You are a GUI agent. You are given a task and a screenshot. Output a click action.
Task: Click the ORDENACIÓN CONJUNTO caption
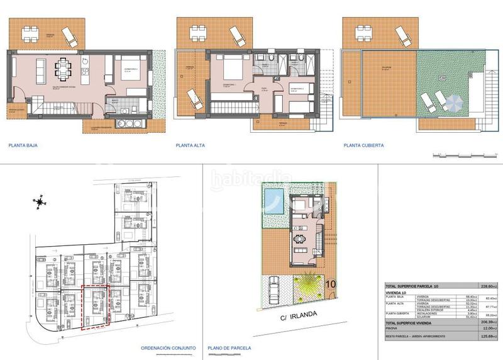(169, 347)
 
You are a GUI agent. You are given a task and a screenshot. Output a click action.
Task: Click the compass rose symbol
(40, 202)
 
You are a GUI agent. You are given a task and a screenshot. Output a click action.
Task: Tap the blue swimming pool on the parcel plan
(274, 203)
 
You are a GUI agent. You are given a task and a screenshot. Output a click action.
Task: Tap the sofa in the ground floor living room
(39, 67)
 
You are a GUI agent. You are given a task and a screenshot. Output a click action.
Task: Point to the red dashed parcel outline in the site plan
(96, 306)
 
